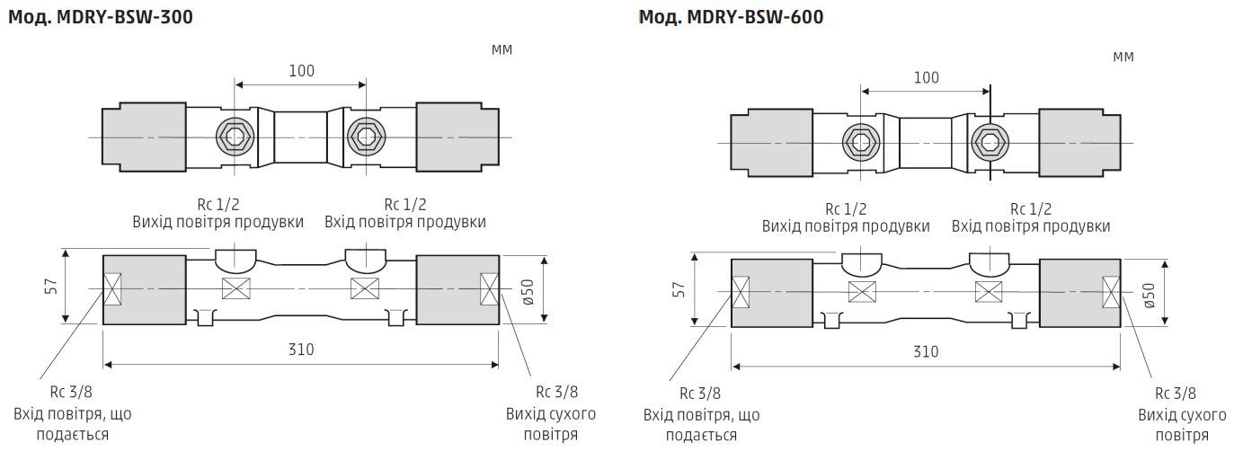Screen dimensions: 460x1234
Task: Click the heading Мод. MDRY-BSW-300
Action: coord(101,17)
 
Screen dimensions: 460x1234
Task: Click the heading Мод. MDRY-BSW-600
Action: coord(731,17)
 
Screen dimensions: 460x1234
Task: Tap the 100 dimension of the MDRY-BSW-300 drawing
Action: coord(301,71)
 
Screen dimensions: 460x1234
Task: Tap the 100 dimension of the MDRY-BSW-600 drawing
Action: coord(926,77)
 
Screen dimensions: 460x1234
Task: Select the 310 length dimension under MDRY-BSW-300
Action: coord(301,349)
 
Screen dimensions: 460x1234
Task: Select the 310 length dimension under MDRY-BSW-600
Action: coord(926,351)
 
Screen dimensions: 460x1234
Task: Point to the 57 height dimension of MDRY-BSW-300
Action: coord(52,286)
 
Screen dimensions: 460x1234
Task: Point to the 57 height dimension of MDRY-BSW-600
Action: coord(679,289)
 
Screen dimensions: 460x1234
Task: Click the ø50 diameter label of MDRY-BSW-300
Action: coord(528,289)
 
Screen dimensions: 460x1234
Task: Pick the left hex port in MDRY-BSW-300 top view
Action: coord(235,137)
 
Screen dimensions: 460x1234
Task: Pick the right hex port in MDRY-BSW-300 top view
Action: coord(366,137)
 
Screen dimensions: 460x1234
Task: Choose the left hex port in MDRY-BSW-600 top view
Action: coord(861,141)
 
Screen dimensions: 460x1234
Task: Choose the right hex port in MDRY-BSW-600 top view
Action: coord(990,141)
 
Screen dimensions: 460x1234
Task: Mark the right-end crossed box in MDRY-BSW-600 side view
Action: coord(1112,292)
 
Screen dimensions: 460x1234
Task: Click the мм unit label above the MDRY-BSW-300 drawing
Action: coord(502,49)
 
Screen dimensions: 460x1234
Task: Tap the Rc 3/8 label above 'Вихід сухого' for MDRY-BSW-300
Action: coord(556,392)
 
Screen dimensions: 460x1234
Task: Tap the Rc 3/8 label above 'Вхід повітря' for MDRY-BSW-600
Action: coord(699,393)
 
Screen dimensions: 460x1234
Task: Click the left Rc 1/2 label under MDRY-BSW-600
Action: coord(846,208)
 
